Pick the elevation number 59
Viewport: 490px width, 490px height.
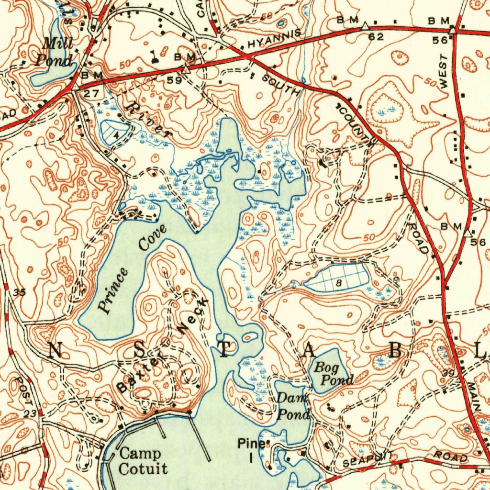174,80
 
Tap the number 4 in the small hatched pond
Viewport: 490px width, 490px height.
116,134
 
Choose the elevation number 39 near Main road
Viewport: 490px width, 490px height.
448,373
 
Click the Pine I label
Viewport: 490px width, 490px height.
251,450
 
